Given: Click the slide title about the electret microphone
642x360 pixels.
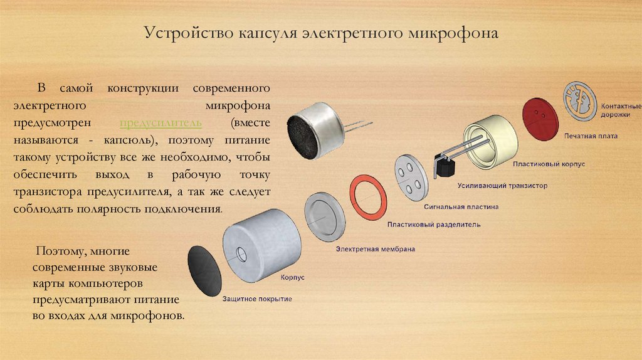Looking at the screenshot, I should click(x=321, y=32).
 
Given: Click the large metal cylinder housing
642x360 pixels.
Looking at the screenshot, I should click(x=260, y=243).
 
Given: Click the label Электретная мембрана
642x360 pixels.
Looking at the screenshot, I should click(x=375, y=249).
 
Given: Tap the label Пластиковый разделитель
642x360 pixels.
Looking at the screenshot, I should click(x=425, y=223).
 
